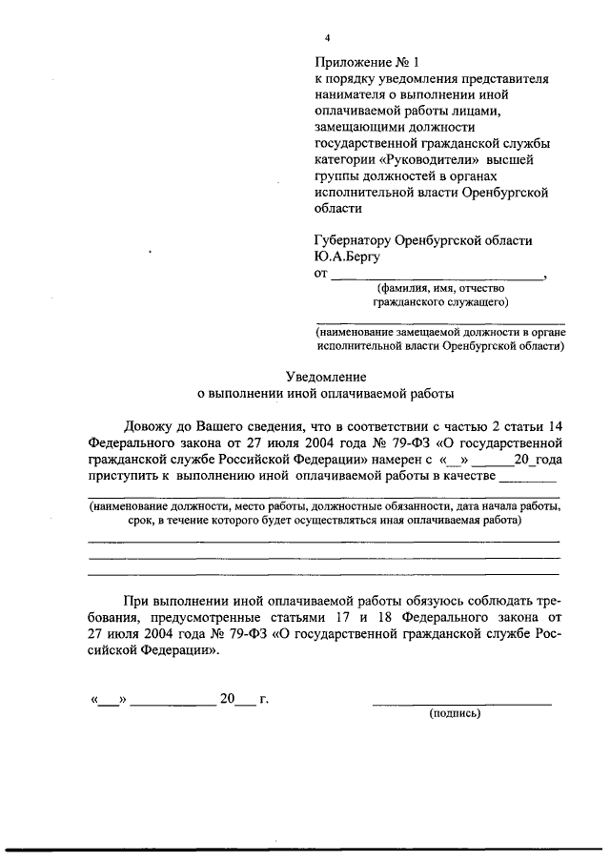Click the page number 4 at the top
(327, 38)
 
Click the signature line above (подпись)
(461, 703)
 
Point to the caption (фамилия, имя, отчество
(434, 289)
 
